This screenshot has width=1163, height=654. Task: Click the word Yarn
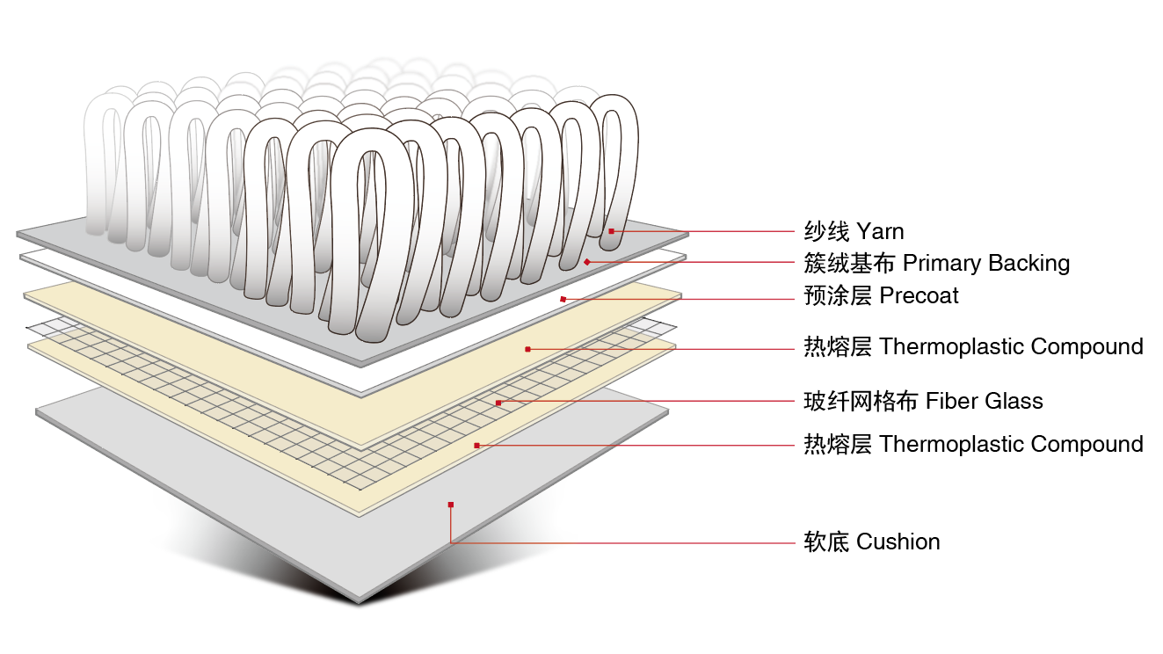[880, 232]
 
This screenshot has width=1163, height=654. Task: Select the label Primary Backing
[986, 263]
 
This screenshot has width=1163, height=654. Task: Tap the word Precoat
[919, 296]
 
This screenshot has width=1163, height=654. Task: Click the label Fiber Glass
[984, 402]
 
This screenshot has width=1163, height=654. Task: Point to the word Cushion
[898, 541]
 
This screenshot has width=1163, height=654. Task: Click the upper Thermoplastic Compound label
[1011, 347]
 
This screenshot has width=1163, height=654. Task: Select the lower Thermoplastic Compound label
[1011, 445]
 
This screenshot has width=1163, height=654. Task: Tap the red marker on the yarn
[611, 231]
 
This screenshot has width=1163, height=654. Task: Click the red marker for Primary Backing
[586, 262]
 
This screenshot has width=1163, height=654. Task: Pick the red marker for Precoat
[563, 300]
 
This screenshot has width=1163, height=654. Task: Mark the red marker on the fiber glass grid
[498, 403]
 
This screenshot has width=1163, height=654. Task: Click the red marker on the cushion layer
[450, 505]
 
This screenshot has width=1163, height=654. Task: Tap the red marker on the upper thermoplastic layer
[527, 349]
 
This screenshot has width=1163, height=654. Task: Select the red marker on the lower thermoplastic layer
[476, 446]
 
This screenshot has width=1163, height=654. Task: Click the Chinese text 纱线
[826, 232]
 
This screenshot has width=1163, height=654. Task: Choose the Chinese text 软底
[826, 541]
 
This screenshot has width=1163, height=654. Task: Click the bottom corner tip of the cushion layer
[359, 603]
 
